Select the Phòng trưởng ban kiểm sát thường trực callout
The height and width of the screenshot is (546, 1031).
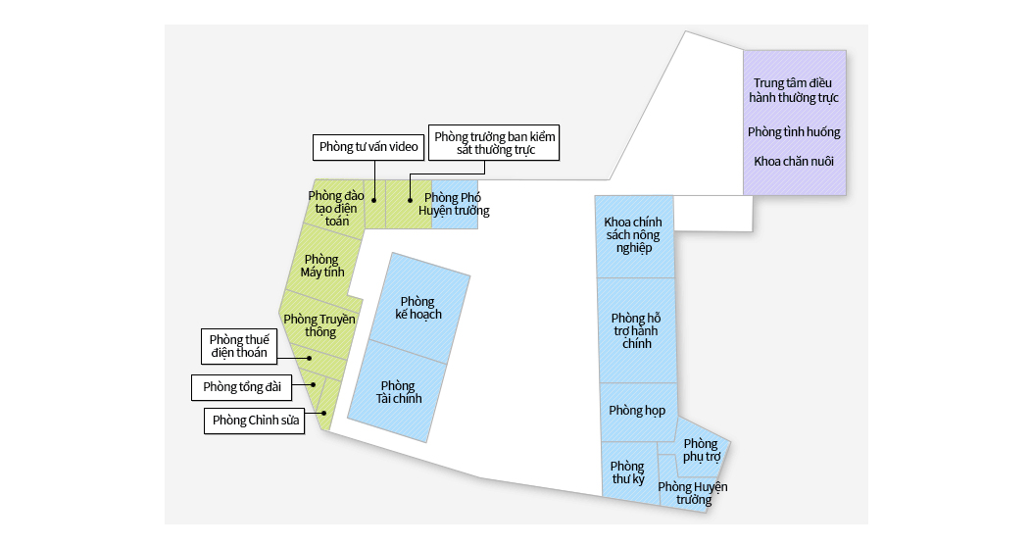pyautogui.click(x=494, y=143)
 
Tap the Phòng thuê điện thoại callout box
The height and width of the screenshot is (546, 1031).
pyautogui.click(x=239, y=347)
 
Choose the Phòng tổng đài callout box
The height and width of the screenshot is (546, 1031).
pyautogui.click(x=242, y=387)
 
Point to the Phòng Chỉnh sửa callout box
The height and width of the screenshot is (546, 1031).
pyautogui.click(x=255, y=421)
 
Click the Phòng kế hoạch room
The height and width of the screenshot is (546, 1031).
pyautogui.click(x=419, y=307)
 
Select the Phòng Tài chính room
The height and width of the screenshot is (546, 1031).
pyautogui.click(x=397, y=391)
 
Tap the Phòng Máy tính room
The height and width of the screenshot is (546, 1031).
pyautogui.click(x=323, y=267)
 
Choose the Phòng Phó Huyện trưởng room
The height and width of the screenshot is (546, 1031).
pyautogui.click(x=455, y=204)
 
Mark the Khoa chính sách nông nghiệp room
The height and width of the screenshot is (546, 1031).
pyautogui.click(x=634, y=235)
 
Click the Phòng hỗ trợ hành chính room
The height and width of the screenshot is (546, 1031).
pyautogui.click(x=637, y=330)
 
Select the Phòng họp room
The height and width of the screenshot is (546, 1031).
pyautogui.click(x=638, y=411)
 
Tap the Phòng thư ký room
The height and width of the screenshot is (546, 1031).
pyautogui.click(x=629, y=472)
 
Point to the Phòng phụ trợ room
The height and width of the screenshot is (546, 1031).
pyautogui.click(x=701, y=450)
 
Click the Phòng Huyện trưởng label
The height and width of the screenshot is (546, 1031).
pyautogui.click(x=693, y=493)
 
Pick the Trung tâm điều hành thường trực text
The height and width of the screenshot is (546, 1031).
pyautogui.click(x=794, y=90)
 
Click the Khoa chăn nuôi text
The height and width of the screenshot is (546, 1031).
pyautogui.click(x=794, y=161)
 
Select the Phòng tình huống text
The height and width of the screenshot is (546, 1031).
pyautogui.click(x=794, y=131)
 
